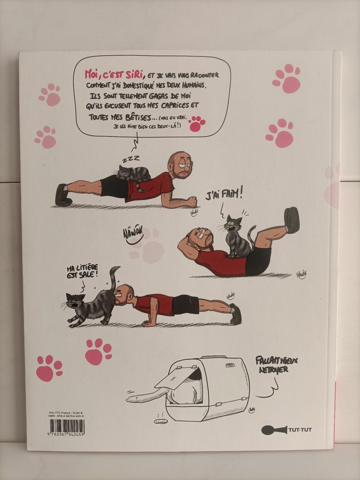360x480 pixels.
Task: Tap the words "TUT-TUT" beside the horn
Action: (x=300, y=430)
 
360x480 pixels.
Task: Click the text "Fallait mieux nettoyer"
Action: (x=277, y=365)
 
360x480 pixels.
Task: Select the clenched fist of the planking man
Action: (x=192, y=201)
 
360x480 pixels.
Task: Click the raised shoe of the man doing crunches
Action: (x=292, y=219)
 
